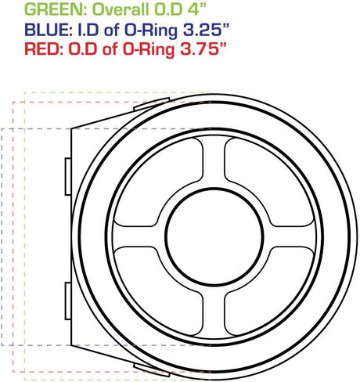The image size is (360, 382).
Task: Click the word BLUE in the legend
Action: click(x=47, y=30)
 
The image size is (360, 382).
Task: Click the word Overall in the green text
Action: click(x=121, y=9)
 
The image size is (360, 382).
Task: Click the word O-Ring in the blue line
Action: click(x=151, y=31)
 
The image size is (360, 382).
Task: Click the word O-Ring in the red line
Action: click(x=149, y=50)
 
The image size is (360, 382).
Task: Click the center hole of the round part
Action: click(x=214, y=237)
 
